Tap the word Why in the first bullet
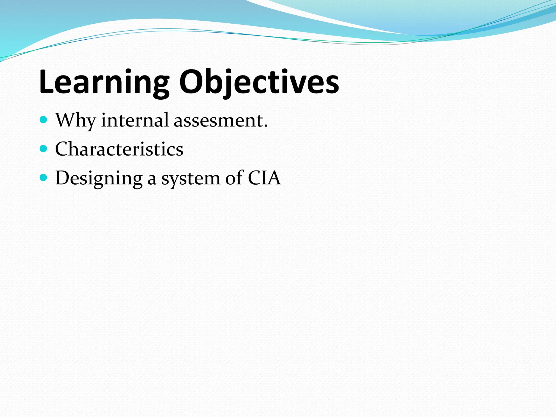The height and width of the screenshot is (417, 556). coord(75,120)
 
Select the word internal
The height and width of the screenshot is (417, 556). coord(135,120)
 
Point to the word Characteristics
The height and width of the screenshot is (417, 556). coord(119,149)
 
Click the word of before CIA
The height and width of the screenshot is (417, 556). coord(234,178)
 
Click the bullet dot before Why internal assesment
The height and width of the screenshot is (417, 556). coord(43,119)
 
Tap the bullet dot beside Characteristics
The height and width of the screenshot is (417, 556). coord(43,149)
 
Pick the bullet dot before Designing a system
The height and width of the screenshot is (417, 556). coord(43,178)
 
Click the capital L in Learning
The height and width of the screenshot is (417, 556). coord(47,81)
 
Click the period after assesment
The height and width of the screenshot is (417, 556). coord(266,126)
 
